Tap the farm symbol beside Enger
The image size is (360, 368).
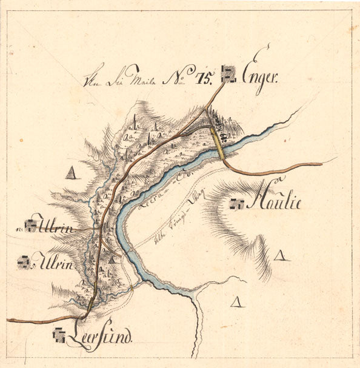click(228, 75)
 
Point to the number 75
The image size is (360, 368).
click(203, 77)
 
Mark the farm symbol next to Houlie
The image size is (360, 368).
click(236, 204)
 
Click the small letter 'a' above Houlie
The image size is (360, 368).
click(279, 179)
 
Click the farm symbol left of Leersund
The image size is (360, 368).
click(59, 333)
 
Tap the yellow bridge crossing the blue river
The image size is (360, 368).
click(219, 147)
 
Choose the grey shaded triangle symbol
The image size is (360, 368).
click(73, 174)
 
